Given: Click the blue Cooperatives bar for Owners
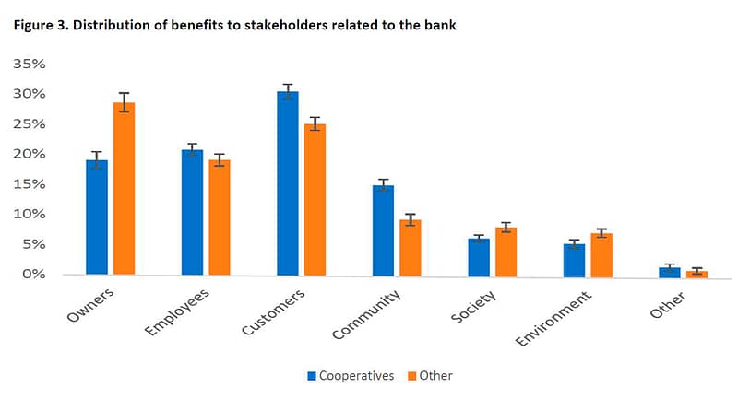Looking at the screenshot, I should tap(97, 217).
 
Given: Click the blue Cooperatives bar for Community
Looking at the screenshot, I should tap(383, 230).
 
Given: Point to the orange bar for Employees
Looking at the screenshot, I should tap(220, 217).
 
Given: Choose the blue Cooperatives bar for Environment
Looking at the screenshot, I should tap(574, 259).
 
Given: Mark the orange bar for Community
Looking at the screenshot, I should tap(411, 247).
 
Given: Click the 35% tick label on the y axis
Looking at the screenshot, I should tap(28, 64).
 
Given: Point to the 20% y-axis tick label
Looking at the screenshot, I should tap(28, 154).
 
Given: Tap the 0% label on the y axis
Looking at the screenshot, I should tap(32, 274).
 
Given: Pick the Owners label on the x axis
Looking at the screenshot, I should tap(91, 307).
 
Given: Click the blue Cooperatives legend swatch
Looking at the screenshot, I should tap(311, 376).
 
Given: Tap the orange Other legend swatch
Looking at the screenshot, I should tap(411, 376).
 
